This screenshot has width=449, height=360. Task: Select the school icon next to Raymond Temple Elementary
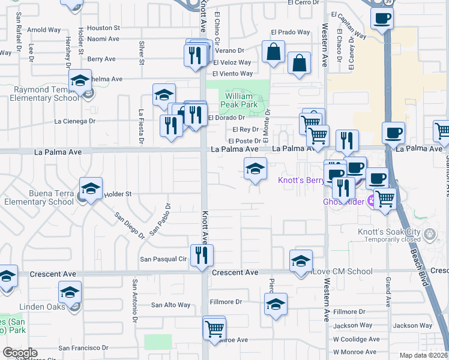point(80,80)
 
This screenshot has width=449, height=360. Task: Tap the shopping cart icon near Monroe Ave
point(214,328)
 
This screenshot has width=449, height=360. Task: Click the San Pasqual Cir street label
point(163,259)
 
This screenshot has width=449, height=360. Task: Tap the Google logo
point(20,353)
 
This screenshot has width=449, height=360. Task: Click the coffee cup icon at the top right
point(382,18)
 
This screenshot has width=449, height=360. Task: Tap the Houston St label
point(104,28)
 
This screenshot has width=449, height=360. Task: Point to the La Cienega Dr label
point(75,121)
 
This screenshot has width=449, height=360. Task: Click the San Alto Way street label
point(170,305)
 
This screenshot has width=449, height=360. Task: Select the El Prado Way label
point(290,32)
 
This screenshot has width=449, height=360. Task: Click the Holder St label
point(118,194)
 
